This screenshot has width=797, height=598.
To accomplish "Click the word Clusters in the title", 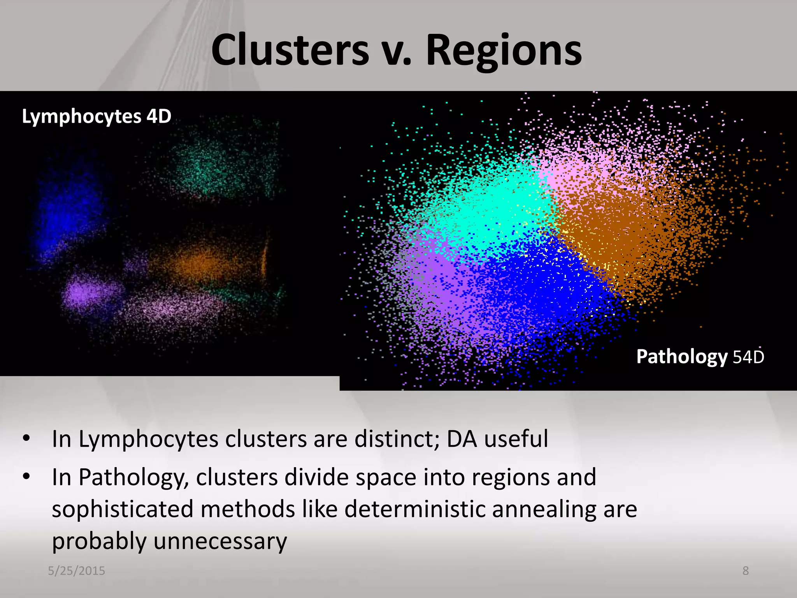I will (x=290, y=51).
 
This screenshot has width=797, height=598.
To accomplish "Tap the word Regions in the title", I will (x=504, y=51).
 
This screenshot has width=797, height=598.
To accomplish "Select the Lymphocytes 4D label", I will (x=97, y=116).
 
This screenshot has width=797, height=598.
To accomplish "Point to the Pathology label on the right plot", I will (x=681, y=357).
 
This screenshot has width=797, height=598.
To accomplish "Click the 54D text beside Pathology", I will (x=748, y=357).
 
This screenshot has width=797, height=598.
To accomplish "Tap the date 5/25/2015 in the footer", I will (x=76, y=571).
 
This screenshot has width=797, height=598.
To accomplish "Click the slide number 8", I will (x=746, y=571).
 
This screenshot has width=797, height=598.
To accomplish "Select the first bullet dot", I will (x=26, y=439).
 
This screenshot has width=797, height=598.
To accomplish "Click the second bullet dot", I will (x=26, y=477).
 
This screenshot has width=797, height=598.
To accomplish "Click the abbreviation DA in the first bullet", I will (x=462, y=439).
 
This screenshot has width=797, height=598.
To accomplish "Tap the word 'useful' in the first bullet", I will (x=516, y=439).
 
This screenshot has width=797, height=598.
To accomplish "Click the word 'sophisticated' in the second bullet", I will (x=123, y=509).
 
